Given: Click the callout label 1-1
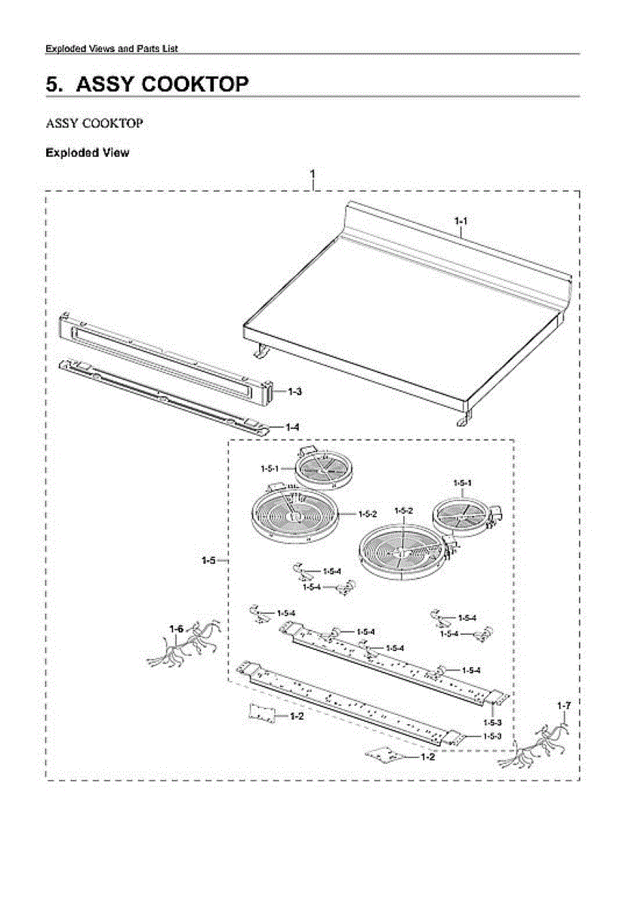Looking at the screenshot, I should (461, 221).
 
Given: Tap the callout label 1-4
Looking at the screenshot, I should (292, 427).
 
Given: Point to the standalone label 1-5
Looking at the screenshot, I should (209, 560).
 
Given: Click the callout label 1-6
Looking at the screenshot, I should (176, 629).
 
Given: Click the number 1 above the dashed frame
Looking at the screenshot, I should (313, 174).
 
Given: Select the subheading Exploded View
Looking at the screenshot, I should (87, 153).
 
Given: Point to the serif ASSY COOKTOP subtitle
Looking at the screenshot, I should (94, 122).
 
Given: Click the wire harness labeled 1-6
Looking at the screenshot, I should (181, 648).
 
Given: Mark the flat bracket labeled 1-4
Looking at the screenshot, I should (162, 396).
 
